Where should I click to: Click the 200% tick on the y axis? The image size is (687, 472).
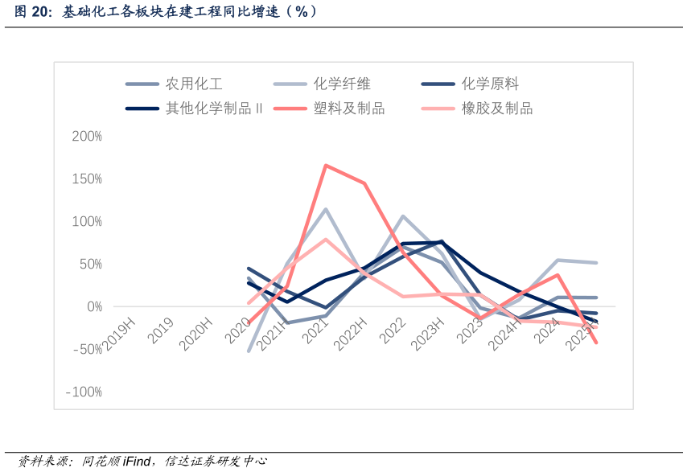[x=87, y=136]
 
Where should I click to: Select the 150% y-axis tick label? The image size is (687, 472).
[x=87, y=179]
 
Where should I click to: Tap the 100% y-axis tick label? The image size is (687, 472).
[x=87, y=221]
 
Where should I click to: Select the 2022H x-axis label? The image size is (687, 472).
[x=351, y=330]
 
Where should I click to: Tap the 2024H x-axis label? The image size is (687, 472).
[x=505, y=330]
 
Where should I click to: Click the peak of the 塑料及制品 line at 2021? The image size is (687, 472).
[x=325, y=166]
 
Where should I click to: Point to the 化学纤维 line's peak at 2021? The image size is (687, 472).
[x=325, y=209]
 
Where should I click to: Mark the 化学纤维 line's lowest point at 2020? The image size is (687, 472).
[x=249, y=351]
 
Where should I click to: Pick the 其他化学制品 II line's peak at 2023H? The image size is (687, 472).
[x=441, y=242]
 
